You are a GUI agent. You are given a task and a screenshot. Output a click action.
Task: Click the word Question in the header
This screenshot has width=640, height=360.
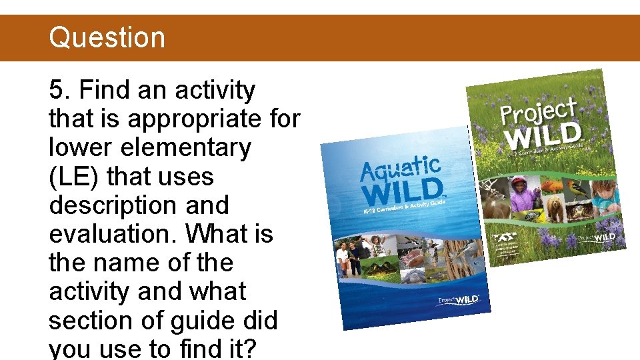(x=107, y=37)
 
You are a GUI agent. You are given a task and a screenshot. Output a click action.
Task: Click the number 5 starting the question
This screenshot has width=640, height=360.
(x=56, y=90)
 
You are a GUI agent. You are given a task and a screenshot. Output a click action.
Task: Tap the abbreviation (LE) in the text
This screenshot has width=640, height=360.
(x=73, y=177)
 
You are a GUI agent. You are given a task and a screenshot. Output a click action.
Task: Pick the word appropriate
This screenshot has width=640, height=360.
(x=199, y=119)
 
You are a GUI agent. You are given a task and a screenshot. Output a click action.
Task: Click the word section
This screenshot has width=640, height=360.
(x=90, y=321)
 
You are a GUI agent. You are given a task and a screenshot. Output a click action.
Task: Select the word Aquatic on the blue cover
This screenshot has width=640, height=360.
(x=400, y=168)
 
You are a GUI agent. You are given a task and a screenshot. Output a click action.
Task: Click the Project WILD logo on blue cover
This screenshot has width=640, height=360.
(x=458, y=300)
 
